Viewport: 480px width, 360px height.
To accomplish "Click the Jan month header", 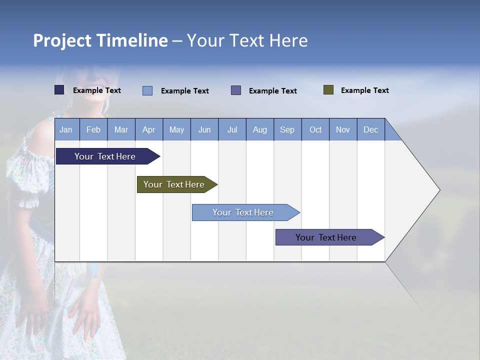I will [66, 129].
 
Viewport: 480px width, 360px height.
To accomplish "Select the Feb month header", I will [93, 129].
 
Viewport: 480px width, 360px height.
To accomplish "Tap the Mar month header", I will [121, 129].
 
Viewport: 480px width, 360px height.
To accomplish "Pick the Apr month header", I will [148, 129].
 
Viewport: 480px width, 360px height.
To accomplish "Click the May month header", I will [176, 129].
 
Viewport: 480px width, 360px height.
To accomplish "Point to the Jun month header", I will [204, 129].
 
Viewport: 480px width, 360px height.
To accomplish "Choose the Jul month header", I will [232, 129].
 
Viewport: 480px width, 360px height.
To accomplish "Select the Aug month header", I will [259, 129].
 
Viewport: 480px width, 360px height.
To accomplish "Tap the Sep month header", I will [287, 129].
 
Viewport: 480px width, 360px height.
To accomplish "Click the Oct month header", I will [315, 129].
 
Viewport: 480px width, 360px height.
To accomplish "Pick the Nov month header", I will [343, 129].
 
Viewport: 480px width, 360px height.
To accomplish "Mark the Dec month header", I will [370, 129].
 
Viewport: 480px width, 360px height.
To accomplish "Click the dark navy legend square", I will [59, 90].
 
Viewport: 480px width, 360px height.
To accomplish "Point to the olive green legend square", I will [328, 90].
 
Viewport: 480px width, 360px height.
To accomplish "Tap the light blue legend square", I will [147, 90].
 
